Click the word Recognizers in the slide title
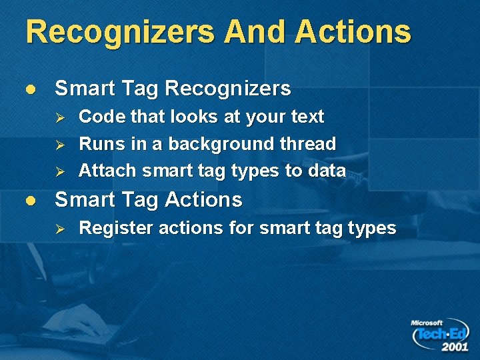pyautogui.click(x=120, y=32)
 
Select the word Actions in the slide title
pyautogui.click(x=353, y=32)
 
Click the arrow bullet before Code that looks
pyautogui.click(x=59, y=117)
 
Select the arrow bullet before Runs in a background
pyautogui.click(x=59, y=144)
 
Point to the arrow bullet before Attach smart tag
pyautogui.click(x=59, y=171)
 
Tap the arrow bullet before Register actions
pyautogui.click(x=59, y=229)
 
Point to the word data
pyautogui.click(x=327, y=171)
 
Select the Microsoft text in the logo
pyautogui.click(x=427, y=323)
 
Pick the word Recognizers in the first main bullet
pyautogui.click(x=228, y=89)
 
